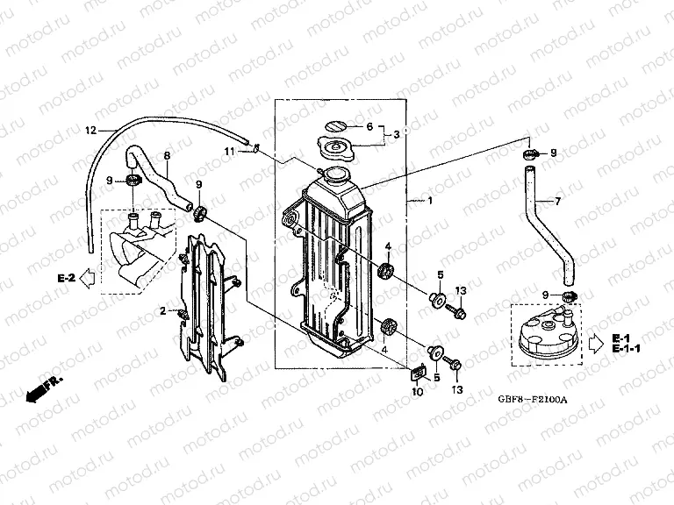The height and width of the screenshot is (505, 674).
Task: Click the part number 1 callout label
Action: tap(429, 200)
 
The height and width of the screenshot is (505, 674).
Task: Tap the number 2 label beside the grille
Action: tap(162, 311)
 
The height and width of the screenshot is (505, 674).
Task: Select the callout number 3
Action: tap(397, 134)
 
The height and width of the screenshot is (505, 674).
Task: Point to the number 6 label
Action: tap(369, 126)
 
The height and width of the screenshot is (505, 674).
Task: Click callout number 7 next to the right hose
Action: tap(556, 202)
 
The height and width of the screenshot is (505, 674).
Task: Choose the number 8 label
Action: tap(167, 157)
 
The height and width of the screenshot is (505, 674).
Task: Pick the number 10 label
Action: tap(417, 391)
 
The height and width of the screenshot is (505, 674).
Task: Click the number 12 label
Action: tap(89, 131)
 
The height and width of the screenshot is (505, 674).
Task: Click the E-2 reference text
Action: tap(66, 278)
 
